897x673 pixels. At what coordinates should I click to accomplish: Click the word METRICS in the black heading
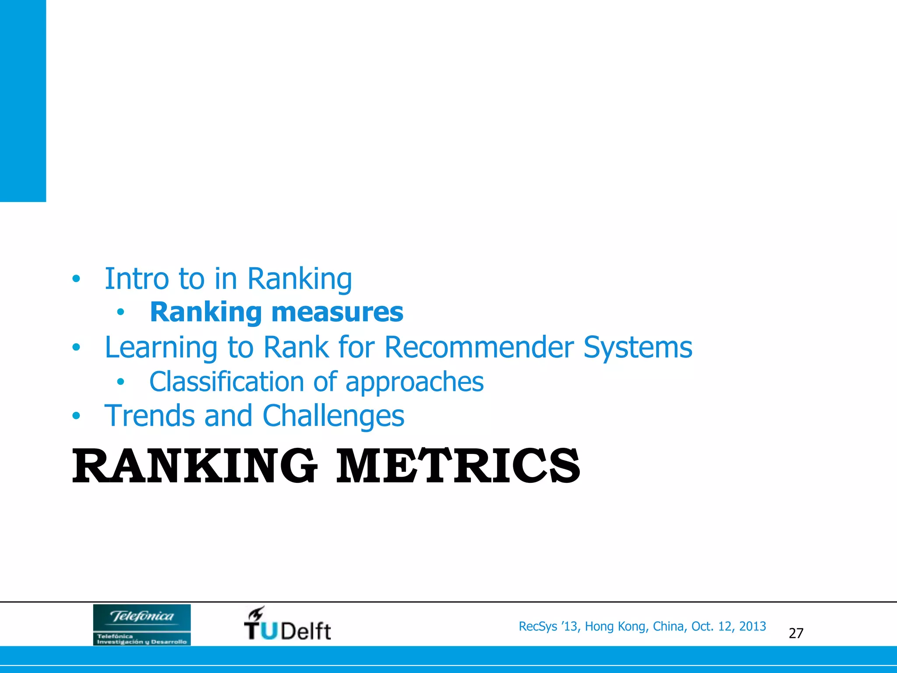point(458,466)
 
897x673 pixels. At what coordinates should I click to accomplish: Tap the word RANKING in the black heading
point(194,466)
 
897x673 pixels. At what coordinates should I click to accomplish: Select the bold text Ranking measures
point(276,312)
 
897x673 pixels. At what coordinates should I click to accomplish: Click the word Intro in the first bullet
point(136,279)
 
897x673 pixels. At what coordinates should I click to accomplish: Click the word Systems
point(638,348)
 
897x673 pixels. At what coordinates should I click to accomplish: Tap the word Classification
point(226,381)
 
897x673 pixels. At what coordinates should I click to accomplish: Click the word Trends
point(149,415)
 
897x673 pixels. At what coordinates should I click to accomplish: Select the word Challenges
point(333,416)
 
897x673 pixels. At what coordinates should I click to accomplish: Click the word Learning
point(161,348)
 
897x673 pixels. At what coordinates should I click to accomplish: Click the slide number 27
point(796,633)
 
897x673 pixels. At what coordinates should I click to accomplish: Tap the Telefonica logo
point(142,624)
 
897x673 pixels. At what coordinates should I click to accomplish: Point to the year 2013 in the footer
point(752,627)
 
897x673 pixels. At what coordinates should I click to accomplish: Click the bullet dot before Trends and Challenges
point(76,416)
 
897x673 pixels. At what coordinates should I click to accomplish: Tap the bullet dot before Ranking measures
point(120,312)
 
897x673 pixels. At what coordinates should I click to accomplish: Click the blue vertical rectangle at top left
point(23,101)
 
